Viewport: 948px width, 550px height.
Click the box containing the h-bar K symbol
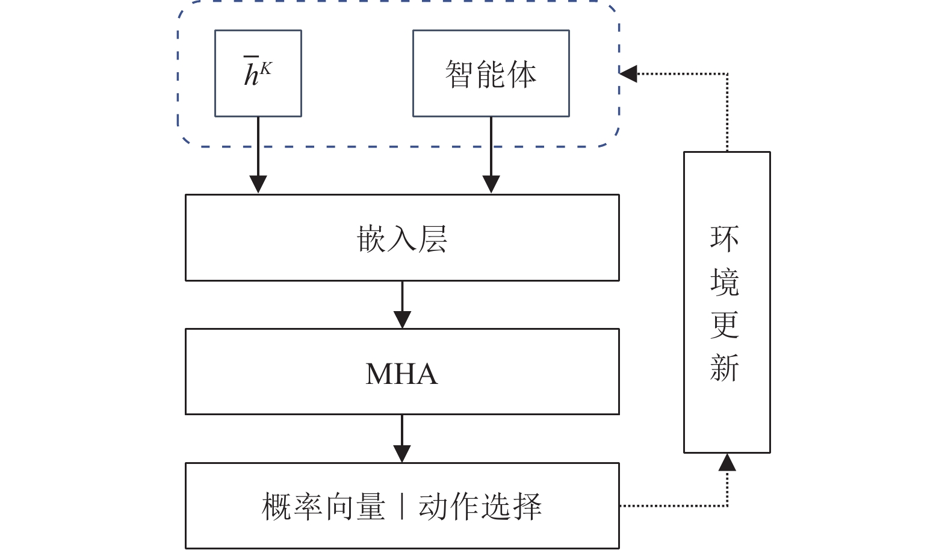(x=258, y=73)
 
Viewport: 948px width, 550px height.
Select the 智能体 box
(x=491, y=73)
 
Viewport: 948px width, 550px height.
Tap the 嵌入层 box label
(x=401, y=239)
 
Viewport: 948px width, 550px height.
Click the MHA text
(x=401, y=374)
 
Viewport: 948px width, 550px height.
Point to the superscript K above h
(x=266, y=69)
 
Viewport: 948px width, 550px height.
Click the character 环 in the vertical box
(x=725, y=239)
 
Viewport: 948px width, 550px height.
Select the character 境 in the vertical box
(x=725, y=282)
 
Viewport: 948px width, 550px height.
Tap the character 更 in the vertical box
(x=725, y=325)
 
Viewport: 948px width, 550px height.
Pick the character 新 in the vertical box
(x=725, y=368)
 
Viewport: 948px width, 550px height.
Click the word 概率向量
(x=323, y=507)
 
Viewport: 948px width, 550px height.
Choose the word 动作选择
(x=480, y=507)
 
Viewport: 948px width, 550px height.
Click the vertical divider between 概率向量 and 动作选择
(x=401, y=507)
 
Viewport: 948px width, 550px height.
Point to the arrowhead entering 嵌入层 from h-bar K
(x=258, y=184)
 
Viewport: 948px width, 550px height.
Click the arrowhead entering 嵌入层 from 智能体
(x=491, y=184)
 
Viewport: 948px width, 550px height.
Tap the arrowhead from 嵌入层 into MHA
(x=402, y=319)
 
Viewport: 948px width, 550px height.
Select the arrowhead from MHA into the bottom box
(x=402, y=453)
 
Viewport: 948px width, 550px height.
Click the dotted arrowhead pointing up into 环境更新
(x=727, y=462)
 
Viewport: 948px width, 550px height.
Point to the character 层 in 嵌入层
(x=433, y=239)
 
